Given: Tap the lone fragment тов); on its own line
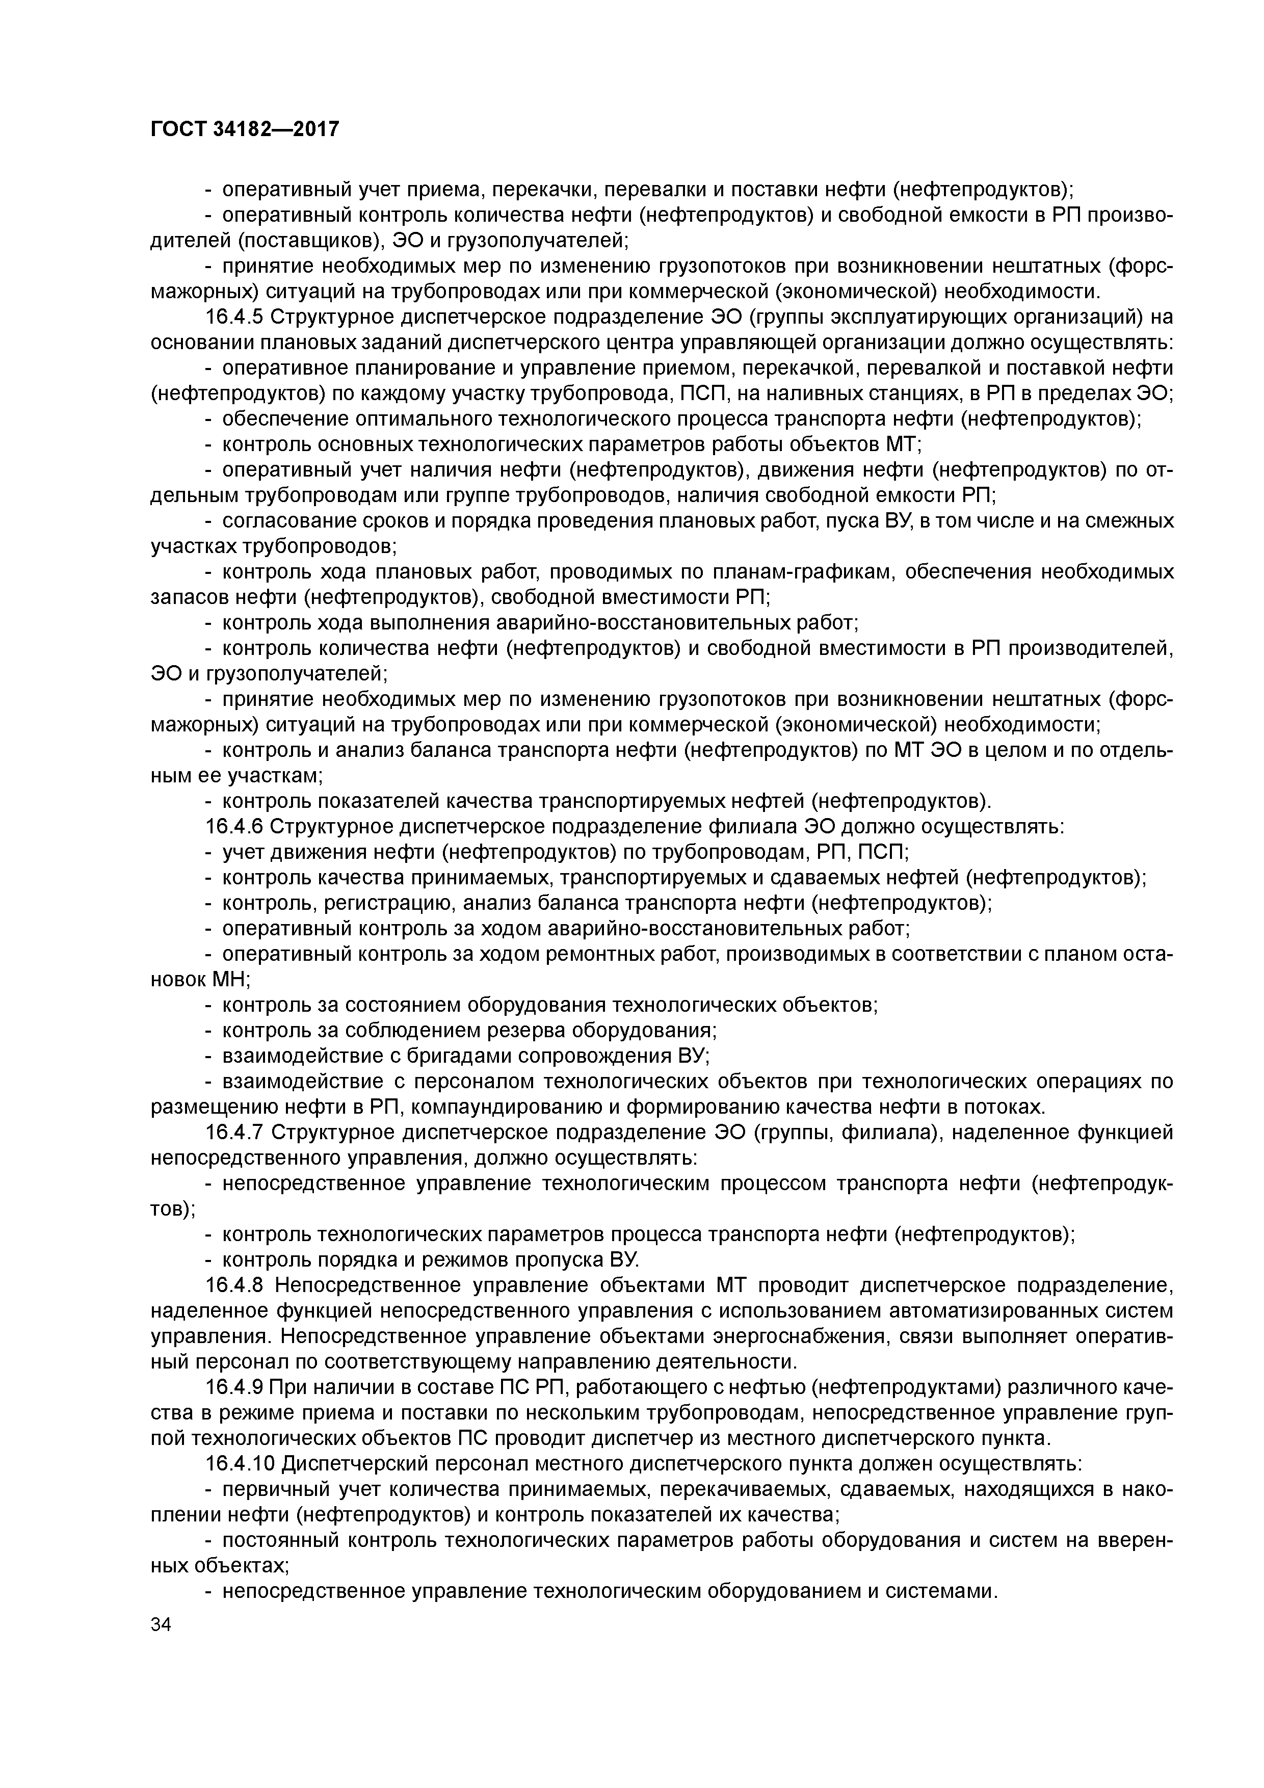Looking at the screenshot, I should pyautogui.click(x=172, y=1208).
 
